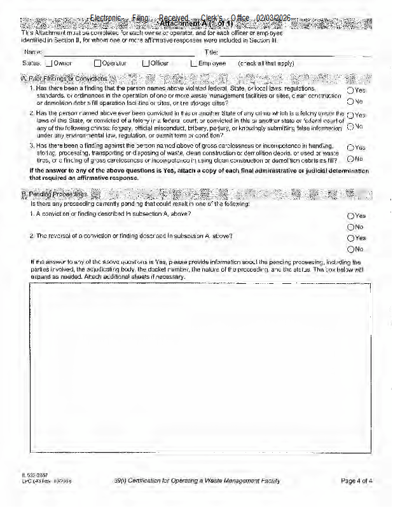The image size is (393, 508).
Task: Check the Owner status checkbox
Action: (48, 63)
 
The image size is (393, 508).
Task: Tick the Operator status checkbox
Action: (97, 63)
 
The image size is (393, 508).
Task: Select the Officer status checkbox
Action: (146, 63)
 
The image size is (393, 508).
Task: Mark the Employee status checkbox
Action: (194, 63)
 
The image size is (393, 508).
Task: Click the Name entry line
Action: (118, 52)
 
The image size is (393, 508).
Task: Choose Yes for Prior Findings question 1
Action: (350, 90)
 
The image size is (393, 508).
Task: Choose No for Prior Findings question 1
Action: (350, 101)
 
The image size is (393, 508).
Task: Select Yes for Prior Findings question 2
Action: (350, 116)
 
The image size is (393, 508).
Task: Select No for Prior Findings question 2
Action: (350, 126)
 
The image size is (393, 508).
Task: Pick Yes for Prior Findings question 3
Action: (350, 147)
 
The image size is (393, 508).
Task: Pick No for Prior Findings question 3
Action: (350, 158)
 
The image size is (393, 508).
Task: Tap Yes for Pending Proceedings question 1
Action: (350, 216)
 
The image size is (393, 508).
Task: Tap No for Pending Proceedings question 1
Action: (350, 227)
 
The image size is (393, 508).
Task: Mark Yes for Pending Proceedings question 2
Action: (350, 238)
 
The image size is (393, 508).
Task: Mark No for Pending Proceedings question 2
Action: (350, 249)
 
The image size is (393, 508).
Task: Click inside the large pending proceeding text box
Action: (200, 368)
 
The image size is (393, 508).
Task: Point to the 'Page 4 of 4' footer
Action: (356, 481)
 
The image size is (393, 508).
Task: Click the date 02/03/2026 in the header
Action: (273, 18)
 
